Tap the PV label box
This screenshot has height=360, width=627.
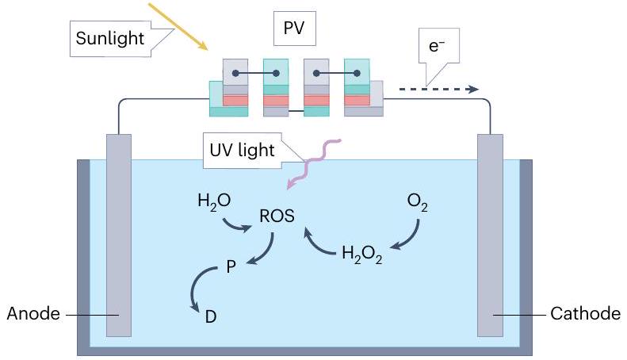pyautogui.click(x=294, y=29)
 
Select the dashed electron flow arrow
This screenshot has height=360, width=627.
pyautogui.click(x=437, y=90)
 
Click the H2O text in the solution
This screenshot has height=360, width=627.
pyautogui.click(x=214, y=201)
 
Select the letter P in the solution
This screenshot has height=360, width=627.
pyautogui.click(x=231, y=268)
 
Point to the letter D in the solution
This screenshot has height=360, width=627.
pyautogui.click(x=211, y=316)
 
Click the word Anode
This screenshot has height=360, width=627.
pyautogui.click(x=33, y=314)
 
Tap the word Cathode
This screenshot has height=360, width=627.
pyautogui.click(x=585, y=314)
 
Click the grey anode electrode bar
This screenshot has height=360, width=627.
pyautogui.click(x=119, y=238)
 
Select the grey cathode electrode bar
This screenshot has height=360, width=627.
pyautogui.click(x=490, y=238)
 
